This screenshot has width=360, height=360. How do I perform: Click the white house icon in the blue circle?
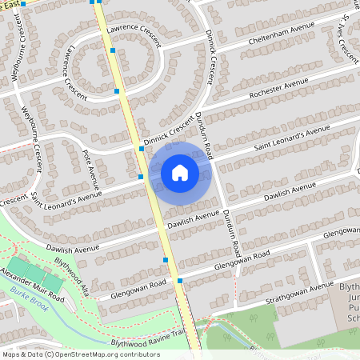coord(180,172)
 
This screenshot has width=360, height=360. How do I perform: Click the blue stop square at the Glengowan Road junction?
coord(180,280)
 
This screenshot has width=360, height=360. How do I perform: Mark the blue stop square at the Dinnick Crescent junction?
coord(141,149)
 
